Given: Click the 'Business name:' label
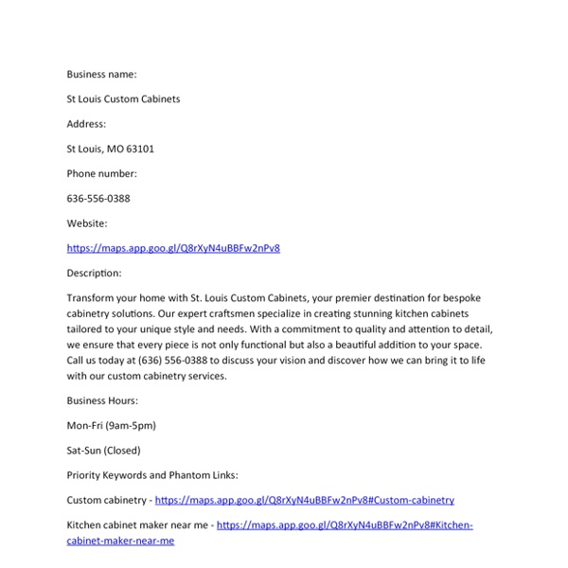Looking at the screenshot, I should pos(101,74).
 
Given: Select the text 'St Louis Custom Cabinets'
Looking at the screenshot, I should pos(123,98).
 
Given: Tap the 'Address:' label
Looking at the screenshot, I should pos(86,124).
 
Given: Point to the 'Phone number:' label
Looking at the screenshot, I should pos(101,173).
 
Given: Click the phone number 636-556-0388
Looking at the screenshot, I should pos(98,199).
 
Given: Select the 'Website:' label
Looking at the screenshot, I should pos(86,223).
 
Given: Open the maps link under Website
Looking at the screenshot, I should pos(173,248).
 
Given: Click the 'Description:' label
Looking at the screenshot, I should pos(94,273).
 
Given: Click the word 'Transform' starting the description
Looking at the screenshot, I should pos(91,297).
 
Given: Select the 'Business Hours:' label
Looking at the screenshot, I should pos(102,400).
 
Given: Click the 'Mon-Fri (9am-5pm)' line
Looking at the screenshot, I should pos(111,426).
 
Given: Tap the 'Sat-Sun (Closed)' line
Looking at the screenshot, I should pos(103,451).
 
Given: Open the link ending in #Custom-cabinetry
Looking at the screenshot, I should pos(305,500).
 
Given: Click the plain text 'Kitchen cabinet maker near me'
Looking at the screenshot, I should pos(137,524).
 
